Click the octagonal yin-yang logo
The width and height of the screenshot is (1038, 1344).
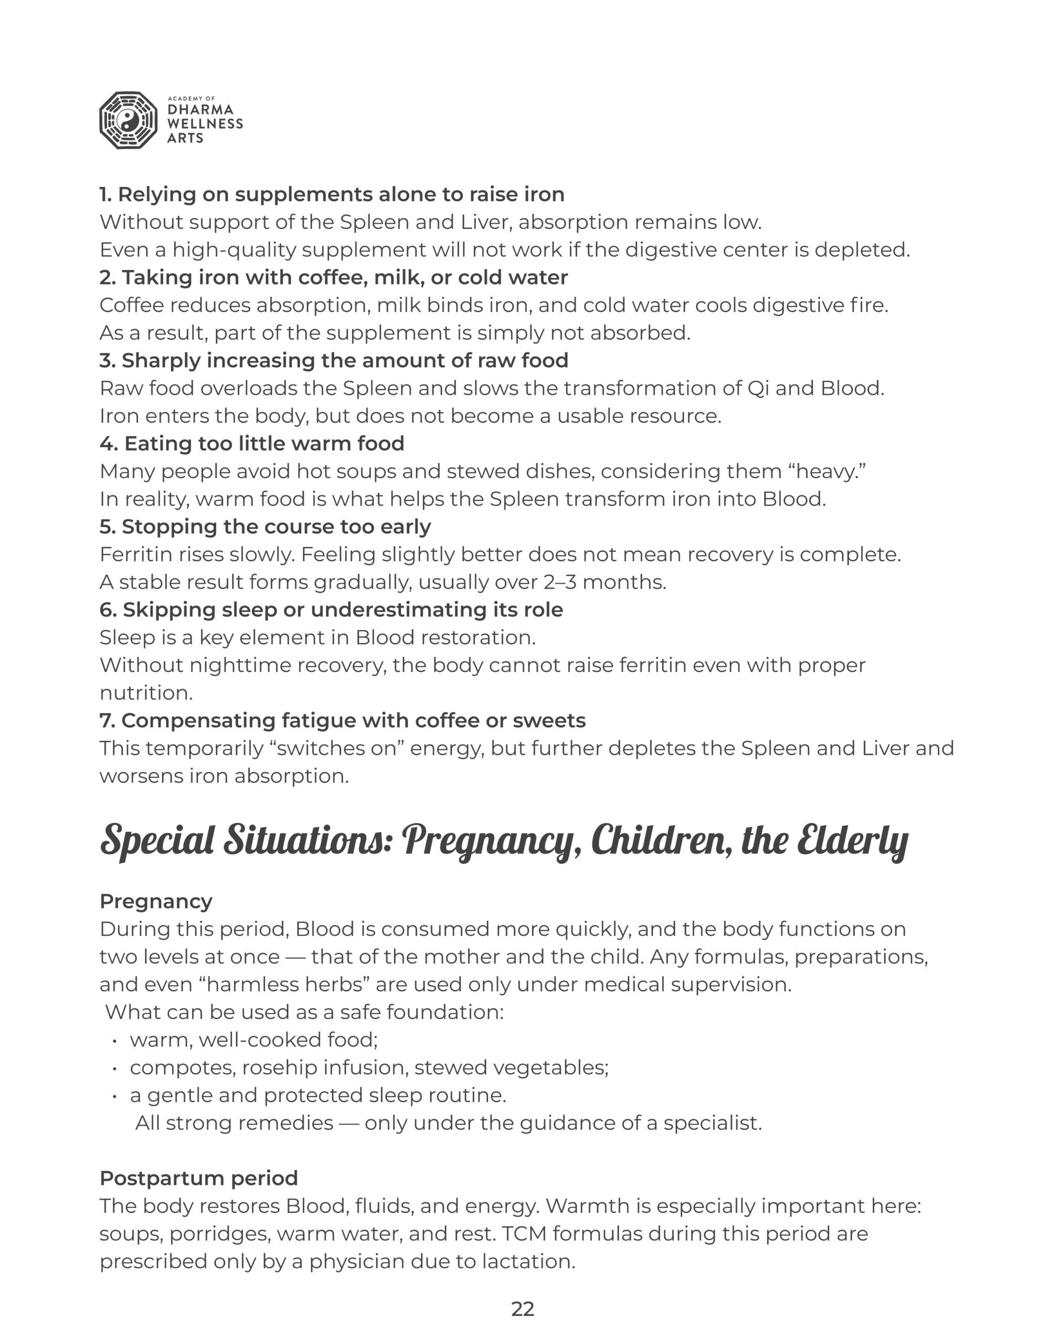(128, 121)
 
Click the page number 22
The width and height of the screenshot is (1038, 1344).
(522, 1309)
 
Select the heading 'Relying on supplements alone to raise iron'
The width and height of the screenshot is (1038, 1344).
(332, 194)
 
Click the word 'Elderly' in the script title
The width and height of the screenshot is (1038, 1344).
(852, 841)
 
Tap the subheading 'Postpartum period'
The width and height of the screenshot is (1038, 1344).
(199, 1178)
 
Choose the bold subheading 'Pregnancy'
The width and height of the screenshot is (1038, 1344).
(156, 901)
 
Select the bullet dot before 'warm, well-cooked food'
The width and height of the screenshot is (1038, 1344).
(114, 1041)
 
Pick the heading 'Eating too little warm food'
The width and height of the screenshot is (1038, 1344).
(252, 444)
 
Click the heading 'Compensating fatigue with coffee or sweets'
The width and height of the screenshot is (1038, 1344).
(342, 721)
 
